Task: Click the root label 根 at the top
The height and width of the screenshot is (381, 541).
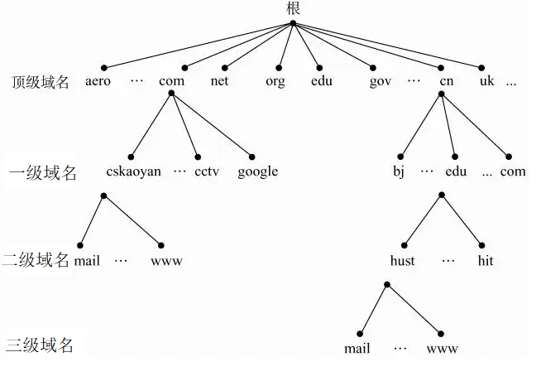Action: coord(294,8)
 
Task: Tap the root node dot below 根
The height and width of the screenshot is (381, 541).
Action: coord(294,23)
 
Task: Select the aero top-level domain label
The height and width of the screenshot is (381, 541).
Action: coord(98,81)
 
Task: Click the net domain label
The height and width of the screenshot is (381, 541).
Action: coord(219,81)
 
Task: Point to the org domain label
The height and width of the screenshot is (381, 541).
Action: coord(275,82)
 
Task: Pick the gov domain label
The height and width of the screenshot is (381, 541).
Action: coord(381,82)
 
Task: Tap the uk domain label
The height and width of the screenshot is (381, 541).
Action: coord(487,81)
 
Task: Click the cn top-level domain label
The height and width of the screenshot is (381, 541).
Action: coord(447,81)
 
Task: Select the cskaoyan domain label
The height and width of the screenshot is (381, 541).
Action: coord(133,171)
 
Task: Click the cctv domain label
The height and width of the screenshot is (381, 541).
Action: coord(207,171)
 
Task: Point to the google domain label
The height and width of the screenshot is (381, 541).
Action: coord(258,171)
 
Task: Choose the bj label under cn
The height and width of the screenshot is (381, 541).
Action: coord(399,171)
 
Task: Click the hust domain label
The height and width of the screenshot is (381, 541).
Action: coord(403,261)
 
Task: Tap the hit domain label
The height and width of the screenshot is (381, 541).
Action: coord(486,261)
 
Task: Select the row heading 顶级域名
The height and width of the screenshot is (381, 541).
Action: coord(41,82)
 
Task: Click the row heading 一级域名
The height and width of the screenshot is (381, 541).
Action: coord(43,173)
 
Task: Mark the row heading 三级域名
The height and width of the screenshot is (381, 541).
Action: coord(40,345)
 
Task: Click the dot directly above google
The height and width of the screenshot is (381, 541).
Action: coord(251,157)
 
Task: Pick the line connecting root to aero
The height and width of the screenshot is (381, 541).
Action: coord(199,46)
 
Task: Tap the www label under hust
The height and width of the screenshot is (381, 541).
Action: coord(442,349)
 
